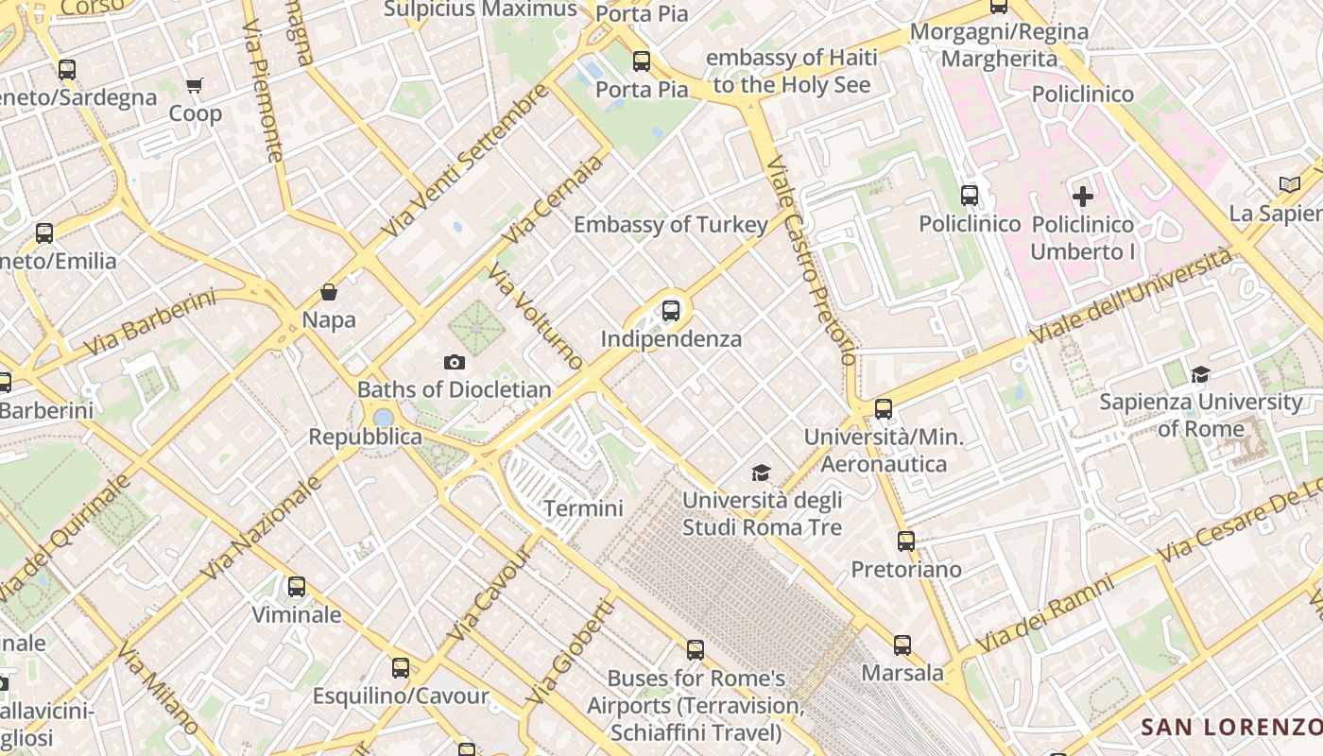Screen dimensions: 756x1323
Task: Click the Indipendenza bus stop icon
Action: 671,310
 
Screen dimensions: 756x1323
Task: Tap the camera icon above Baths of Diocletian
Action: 454,362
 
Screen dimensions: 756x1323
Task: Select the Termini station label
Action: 583,508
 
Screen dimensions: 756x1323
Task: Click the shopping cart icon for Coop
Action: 195,86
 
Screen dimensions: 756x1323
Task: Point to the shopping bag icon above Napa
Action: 329,292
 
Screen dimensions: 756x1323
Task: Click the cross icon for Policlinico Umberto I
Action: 1083,197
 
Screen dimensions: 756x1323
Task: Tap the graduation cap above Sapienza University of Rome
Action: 1200,375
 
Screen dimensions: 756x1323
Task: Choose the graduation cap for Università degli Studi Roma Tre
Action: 761,472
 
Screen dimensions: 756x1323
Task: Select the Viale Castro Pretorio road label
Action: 810,261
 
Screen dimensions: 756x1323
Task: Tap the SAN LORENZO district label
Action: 1230,727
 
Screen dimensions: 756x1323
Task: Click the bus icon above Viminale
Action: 297,587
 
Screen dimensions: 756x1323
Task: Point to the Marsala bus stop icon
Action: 902,645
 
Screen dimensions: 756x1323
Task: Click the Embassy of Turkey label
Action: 671,225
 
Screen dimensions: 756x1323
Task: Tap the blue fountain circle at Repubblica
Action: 383,417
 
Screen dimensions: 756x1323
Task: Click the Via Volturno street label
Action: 537,317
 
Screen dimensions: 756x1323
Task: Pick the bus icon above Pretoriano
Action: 906,541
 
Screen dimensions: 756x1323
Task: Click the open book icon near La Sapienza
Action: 1289,184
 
